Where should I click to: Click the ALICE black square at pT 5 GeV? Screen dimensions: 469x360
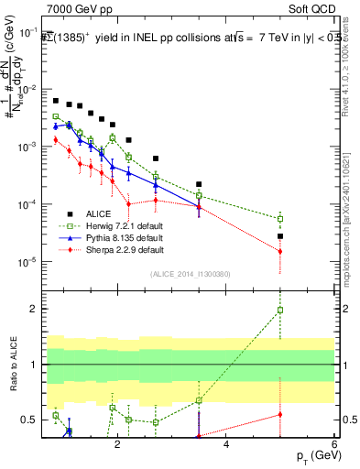point(280,236)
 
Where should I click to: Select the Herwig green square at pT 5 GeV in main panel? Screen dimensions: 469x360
point(280,219)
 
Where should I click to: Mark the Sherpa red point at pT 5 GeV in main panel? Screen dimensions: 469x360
point(280,251)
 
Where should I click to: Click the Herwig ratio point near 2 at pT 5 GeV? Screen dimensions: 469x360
point(280,310)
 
